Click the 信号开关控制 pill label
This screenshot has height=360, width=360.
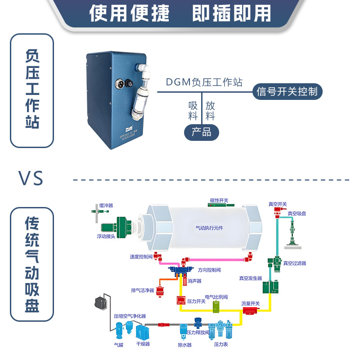287,92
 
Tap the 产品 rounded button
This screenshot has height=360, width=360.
201,132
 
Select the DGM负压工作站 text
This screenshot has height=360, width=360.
204,82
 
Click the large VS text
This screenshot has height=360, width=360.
31,179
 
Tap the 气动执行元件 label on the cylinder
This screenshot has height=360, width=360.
209,228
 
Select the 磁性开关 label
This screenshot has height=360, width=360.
219,200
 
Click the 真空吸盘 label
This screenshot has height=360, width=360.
297,213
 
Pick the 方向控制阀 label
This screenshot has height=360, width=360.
209,270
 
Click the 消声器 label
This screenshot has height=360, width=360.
195,281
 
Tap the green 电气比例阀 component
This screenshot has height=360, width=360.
216,307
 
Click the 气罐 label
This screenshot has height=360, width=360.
118,345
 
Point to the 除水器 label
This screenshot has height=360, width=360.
184,345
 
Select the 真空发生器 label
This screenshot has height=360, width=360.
251,278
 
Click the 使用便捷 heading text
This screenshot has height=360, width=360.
130,13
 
